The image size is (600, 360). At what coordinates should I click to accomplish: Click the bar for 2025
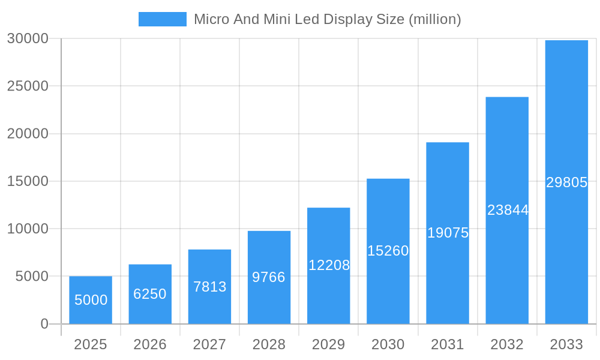click(x=91, y=300)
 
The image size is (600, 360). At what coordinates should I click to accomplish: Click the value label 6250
click(x=150, y=294)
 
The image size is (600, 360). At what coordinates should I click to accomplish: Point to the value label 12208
click(x=329, y=265)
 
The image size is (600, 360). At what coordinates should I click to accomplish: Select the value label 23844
click(x=508, y=210)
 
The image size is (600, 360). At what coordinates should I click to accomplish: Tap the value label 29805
click(x=566, y=182)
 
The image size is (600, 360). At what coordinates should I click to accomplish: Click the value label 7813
click(x=209, y=287)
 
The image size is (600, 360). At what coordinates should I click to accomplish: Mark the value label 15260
click(x=388, y=251)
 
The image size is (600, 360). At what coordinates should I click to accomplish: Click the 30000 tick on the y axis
click(x=28, y=38)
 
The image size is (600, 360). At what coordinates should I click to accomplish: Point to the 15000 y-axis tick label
click(x=28, y=181)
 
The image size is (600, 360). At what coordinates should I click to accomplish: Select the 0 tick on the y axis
click(x=44, y=324)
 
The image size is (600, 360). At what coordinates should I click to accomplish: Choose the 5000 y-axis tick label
click(x=31, y=277)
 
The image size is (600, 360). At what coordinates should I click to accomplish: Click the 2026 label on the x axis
click(x=150, y=344)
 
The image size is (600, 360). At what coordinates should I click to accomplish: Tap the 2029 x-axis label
click(x=329, y=344)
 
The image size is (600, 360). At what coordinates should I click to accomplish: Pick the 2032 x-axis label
click(x=507, y=344)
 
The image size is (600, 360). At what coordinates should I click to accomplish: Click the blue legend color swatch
click(x=163, y=19)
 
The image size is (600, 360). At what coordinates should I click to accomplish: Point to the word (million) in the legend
click(x=434, y=19)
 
